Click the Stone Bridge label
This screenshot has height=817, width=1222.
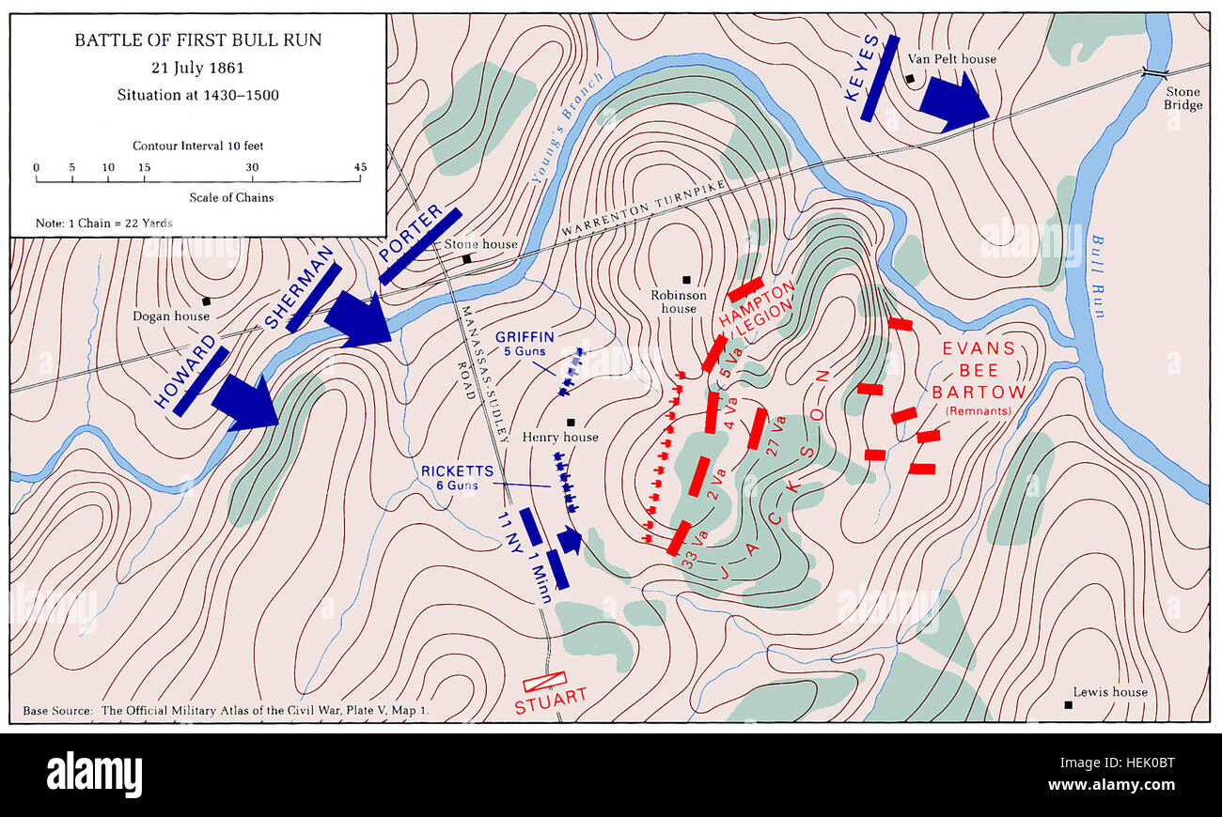(x=1183, y=98)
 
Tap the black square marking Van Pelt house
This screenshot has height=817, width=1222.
(x=909, y=79)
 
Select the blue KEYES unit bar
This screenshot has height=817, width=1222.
(x=880, y=78)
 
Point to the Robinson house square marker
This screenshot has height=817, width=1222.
(x=687, y=279)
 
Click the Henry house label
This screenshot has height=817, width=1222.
(x=560, y=438)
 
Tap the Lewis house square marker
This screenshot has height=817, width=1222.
(x=1069, y=704)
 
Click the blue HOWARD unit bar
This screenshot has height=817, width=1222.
(x=200, y=380)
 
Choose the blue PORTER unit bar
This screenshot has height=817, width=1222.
(x=420, y=246)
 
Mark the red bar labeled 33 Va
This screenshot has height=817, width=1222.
(x=679, y=537)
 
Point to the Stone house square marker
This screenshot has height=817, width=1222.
(x=466, y=258)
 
